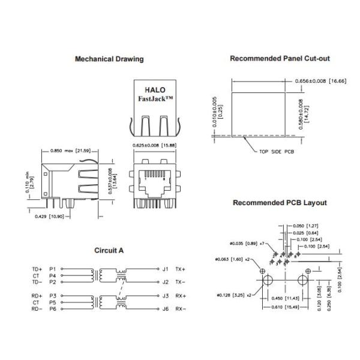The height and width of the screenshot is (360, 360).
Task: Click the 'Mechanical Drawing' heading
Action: [109, 59]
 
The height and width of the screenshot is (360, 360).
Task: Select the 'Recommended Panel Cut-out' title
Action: [280, 59]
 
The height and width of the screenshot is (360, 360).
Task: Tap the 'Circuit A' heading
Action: [109, 250]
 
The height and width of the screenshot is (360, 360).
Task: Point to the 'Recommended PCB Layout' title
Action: [280, 203]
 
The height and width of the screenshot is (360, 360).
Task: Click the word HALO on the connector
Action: [155, 88]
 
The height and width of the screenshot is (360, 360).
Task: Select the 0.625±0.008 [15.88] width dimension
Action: [154, 145]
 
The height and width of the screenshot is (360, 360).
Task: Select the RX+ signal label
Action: [181, 295]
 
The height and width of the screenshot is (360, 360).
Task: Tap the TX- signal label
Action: [181, 282]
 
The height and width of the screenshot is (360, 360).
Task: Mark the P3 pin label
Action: [52, 295]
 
